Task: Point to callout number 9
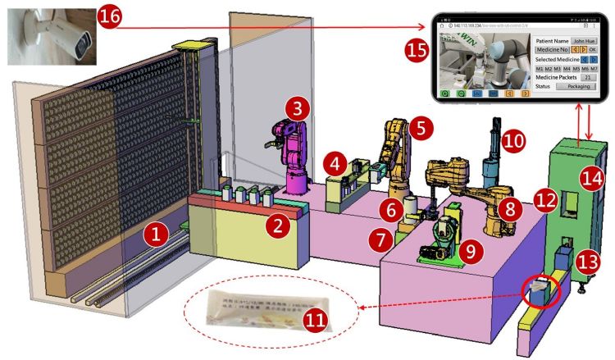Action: (x=470, y=251)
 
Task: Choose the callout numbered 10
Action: (x=512, y=140)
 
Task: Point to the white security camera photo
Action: (x=48, y=34)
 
